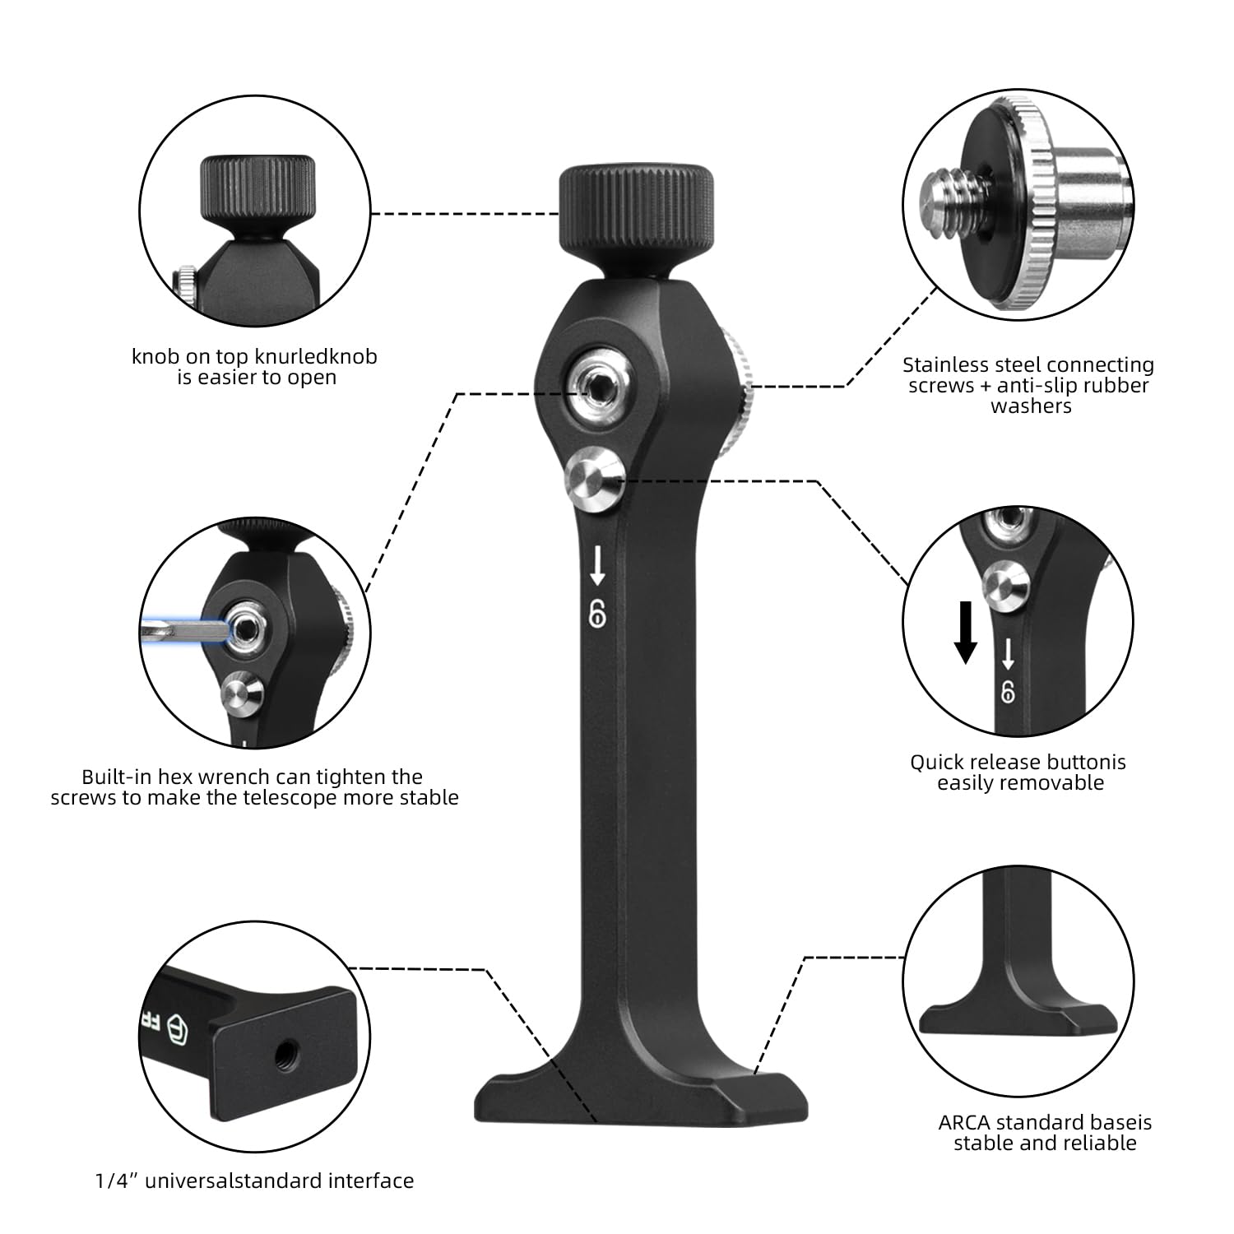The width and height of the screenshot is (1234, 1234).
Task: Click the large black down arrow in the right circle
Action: pos(967,632)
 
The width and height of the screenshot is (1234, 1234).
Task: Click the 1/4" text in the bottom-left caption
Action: pos(113,1181)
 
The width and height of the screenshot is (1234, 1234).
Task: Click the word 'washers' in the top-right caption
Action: pos(1031,406)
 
